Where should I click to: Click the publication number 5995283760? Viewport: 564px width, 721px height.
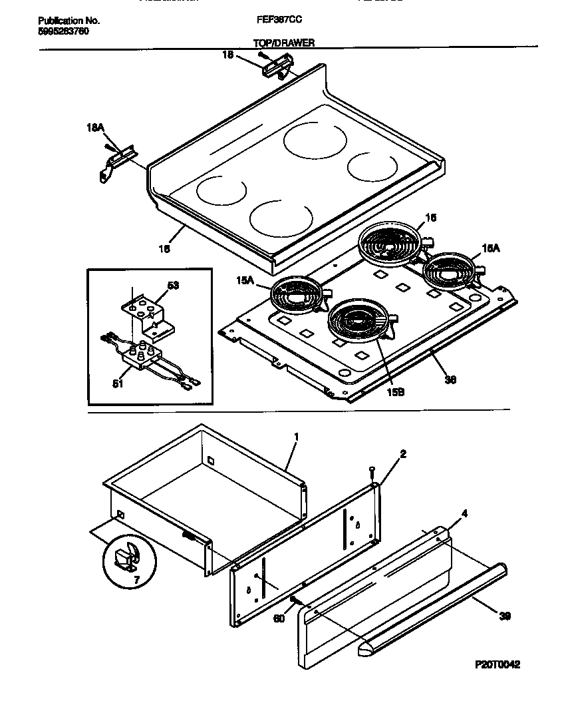point(61,31)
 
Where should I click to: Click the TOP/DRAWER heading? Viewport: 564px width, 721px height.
point(284,43)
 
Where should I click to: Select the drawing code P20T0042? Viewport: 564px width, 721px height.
point(497,664)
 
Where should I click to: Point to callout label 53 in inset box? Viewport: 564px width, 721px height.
point(173,285)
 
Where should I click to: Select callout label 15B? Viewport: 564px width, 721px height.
point(396,392)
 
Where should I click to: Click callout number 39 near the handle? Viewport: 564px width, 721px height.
point(505,616)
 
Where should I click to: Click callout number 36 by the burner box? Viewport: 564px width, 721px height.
point(450,380)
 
